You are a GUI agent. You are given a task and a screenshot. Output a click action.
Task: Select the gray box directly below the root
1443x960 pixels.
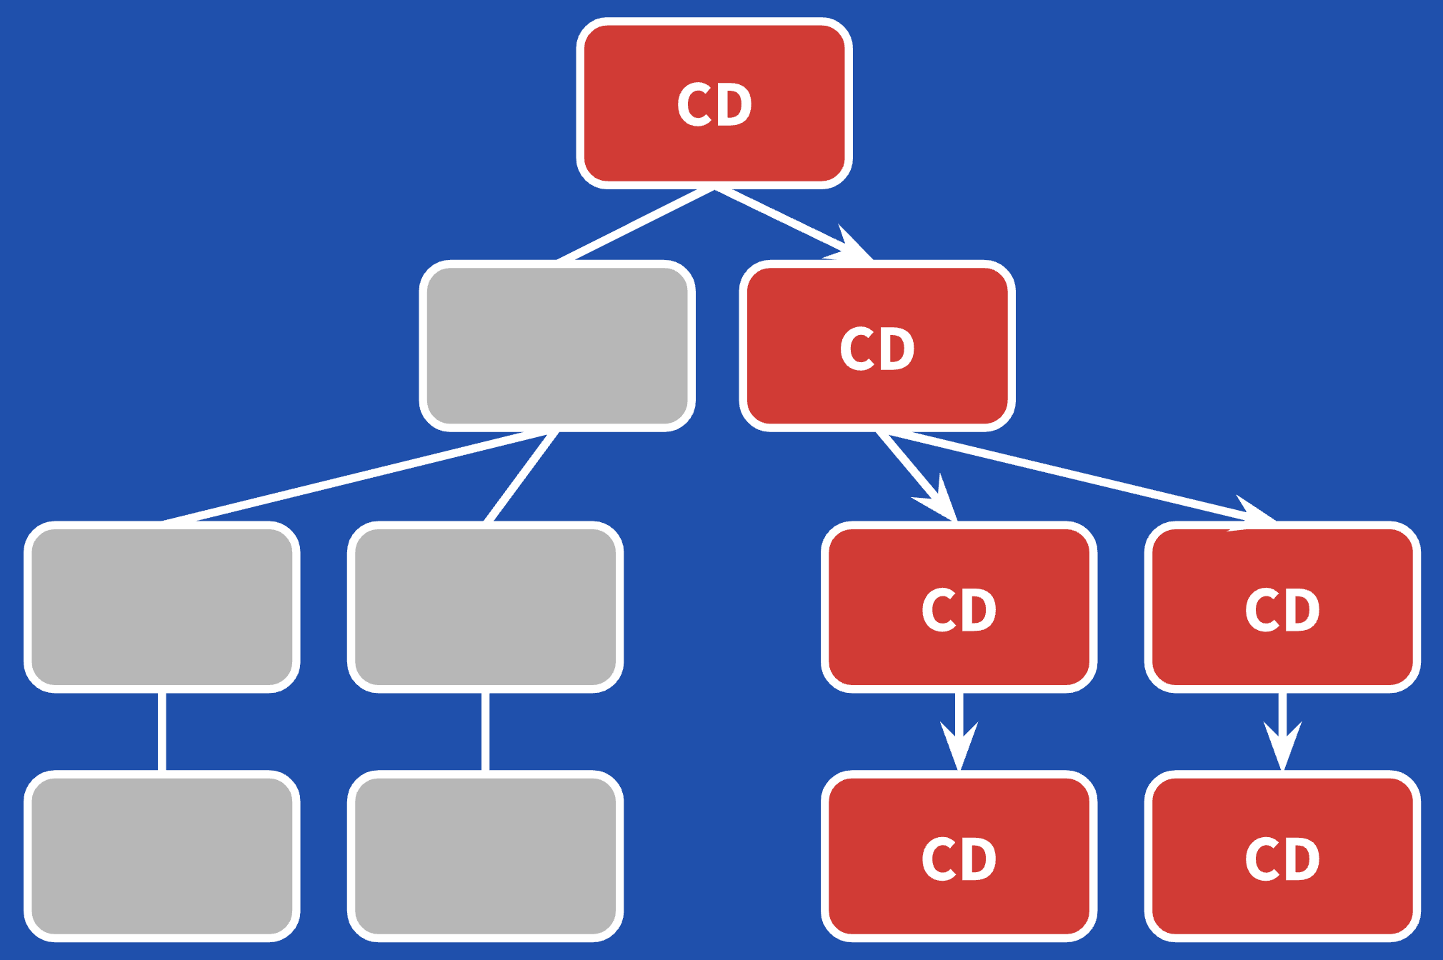557,346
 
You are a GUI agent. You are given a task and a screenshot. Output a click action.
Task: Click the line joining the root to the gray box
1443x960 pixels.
636,224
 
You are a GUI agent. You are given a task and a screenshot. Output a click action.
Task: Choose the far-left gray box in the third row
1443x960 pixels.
162,606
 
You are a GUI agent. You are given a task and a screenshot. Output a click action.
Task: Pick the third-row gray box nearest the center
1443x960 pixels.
485,606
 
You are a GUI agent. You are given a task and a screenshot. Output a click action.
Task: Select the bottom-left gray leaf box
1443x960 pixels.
162,856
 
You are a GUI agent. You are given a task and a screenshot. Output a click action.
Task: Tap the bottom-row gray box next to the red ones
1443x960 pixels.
485,856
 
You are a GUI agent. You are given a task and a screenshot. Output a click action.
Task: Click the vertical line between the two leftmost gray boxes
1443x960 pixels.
162,731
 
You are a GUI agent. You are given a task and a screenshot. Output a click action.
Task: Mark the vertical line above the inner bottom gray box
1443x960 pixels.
485,731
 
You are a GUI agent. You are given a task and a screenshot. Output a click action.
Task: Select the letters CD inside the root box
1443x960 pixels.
714,105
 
